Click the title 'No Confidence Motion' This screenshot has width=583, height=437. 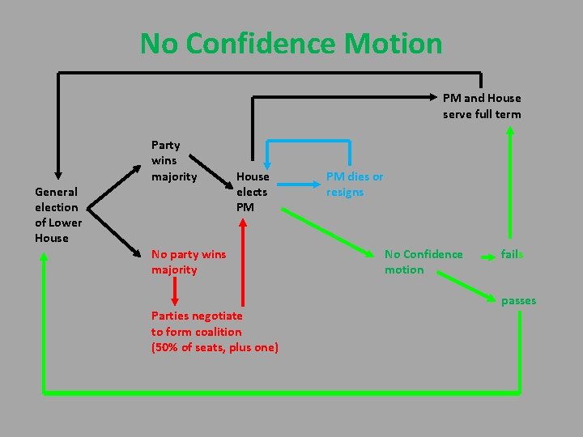(291, 43)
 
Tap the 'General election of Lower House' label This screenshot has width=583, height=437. (57, 214)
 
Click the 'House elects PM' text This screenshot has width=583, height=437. (252, 192)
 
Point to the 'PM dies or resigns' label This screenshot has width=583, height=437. (354, 184)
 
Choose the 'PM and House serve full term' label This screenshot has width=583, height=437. (481, 106)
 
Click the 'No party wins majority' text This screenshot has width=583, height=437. (188, 261)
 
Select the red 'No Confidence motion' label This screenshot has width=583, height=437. (423, 261)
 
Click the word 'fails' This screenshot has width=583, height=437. (512, 254)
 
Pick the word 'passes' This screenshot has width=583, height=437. (518, 301)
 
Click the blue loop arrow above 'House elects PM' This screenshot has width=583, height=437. (309, 142)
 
